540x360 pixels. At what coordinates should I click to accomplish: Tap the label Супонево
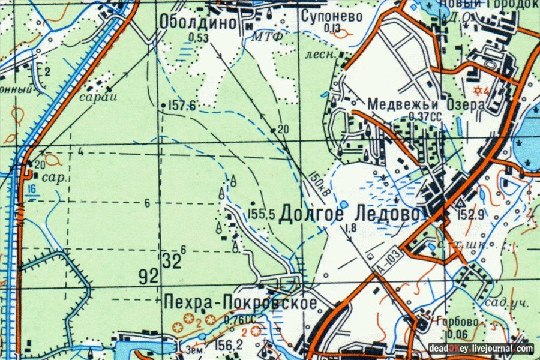pyautogui.click(x=332, y=16)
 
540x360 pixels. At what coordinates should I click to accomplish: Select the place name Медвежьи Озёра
pyautogui.click(x=426, y=104)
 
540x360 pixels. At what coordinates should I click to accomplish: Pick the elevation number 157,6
pyautogui.click(x=183, y=106)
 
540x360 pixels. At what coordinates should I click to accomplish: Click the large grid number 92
pyautogui.click(x=148, y=277)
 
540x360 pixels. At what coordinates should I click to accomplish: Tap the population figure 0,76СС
pyautogui.click(x=241, y=319)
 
